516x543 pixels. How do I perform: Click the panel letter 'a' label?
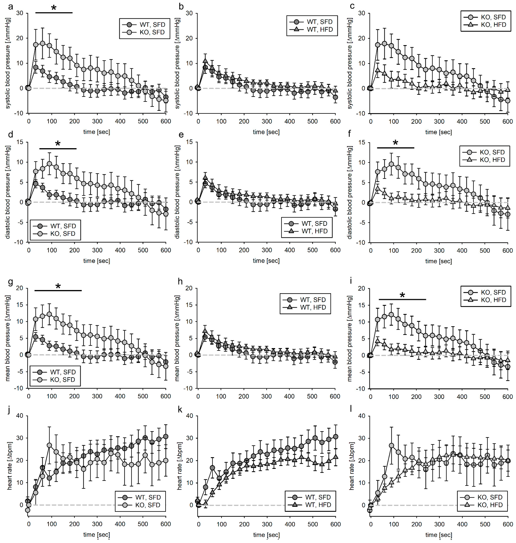click(10, 6)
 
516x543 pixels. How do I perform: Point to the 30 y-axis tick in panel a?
click(20, 13)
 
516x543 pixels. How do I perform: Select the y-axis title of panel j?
click(10, 466)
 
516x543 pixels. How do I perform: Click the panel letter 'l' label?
click(351, 409)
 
